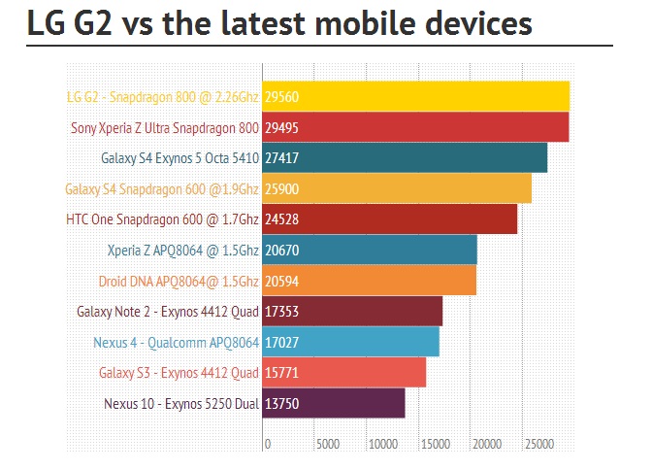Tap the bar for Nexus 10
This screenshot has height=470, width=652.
point(334,403)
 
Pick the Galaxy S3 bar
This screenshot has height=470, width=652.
point(344,373)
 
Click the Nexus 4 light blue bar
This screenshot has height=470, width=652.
point(351,342)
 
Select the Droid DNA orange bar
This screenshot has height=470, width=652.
point(370,281)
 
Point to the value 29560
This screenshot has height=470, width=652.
point(281,97)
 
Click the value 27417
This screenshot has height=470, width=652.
point(281,158)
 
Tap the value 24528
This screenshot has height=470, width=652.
point(281,219)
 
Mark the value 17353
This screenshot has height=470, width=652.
point(281,312)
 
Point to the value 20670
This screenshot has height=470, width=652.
point(281,251)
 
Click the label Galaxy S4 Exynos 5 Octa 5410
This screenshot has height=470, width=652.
point(179,158)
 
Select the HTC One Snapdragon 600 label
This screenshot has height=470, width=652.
point(162,219)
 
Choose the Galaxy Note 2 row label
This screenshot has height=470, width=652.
point(167,312)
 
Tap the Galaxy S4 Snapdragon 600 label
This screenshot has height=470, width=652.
point(162,188)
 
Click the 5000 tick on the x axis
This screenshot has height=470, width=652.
point(327,444)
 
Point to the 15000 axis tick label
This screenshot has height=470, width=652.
point(434,444)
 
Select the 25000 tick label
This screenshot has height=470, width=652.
point(538,444)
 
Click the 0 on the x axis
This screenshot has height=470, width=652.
point(268,444)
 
